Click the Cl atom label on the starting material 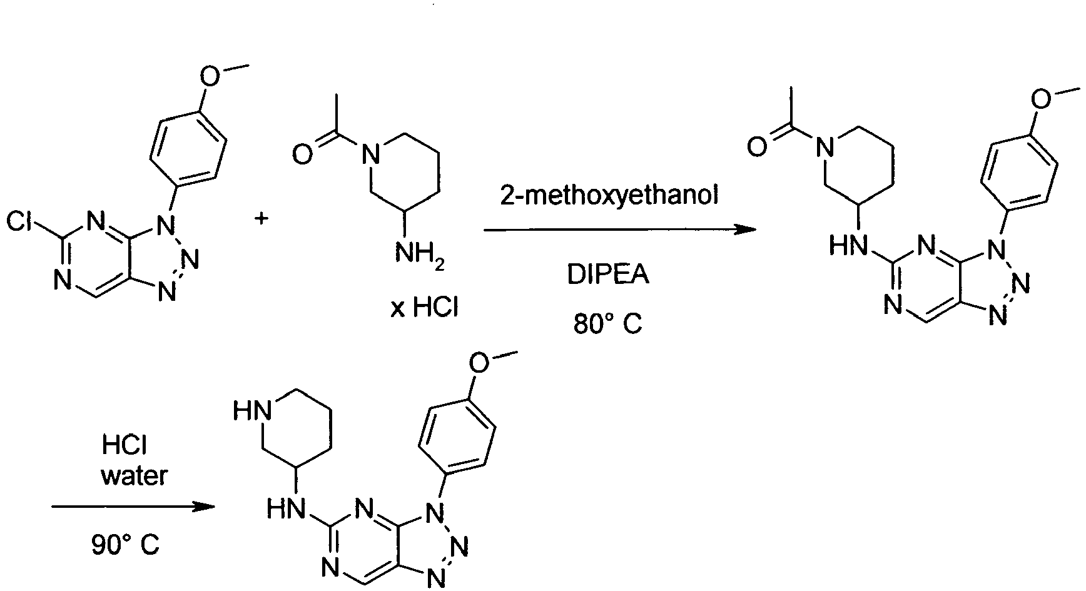pyautogui.click(x=21, y=221)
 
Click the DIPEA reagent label pyautogui.click(x=608, y=275)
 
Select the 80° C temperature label pyautogui.click(x=608, y=324)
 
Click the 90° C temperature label pyautogui.click(x=125, y=545)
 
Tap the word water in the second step pyautogui.click(x=134, y=477)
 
